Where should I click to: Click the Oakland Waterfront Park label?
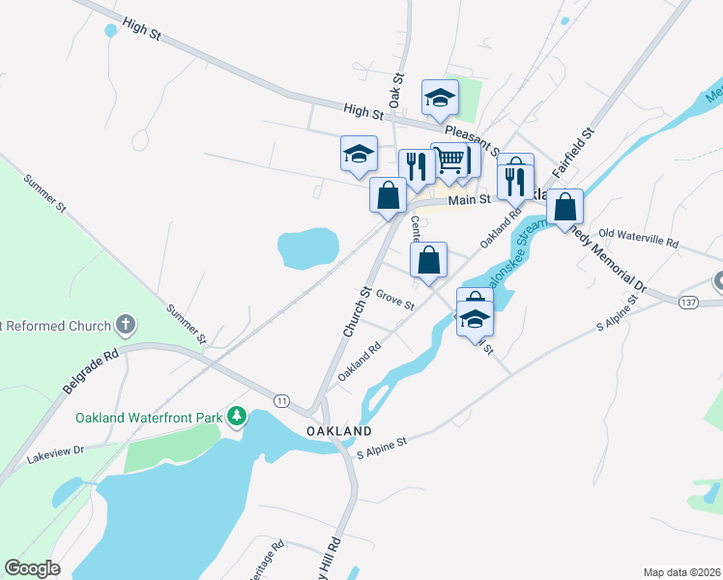point(150,418)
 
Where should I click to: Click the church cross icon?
point(125,326)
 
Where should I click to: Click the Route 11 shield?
point(281,399)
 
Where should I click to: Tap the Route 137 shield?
point(688,303)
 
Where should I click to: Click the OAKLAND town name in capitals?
point(339,430)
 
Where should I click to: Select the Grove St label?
point(394,299)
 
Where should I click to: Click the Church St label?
point(356,311)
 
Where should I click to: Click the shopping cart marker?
point(449,159)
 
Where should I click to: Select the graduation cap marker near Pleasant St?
point(440,97)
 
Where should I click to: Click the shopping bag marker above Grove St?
point(428,259)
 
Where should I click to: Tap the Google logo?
point(33,568)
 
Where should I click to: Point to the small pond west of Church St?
point(308,247)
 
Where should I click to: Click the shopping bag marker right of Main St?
point(565,206)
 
